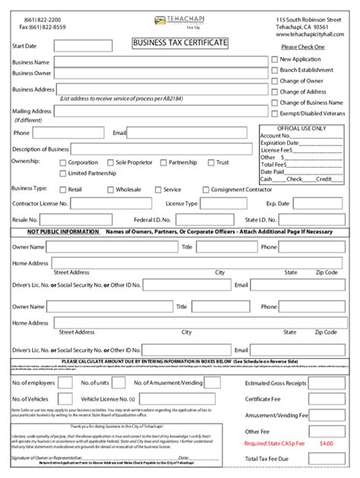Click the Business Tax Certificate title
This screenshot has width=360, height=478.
(x=180, y=44)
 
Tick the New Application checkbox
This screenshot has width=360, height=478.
(x=273, y=58)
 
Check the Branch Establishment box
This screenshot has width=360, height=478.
(x=273, y=70)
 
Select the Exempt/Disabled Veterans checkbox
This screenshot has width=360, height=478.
(x=273, y=113)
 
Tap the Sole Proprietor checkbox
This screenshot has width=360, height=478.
(x=109, y=162)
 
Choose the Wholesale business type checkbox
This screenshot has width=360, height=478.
(x=109, y=190)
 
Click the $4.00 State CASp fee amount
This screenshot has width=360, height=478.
(x=326, y=442)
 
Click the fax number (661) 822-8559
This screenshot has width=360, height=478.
(x=44, y=27)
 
